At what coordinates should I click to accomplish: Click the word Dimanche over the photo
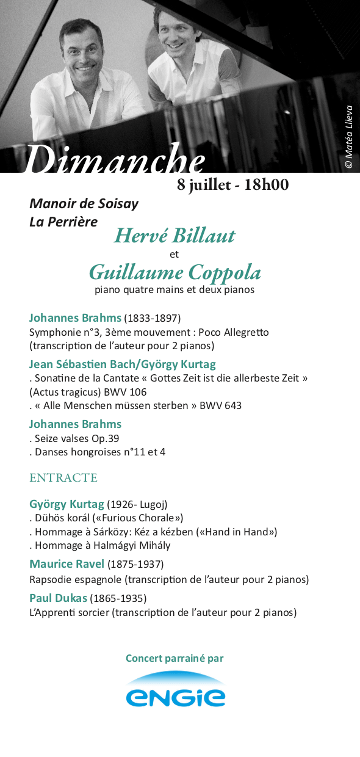(114, 160)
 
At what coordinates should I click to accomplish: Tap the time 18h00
(266, 185)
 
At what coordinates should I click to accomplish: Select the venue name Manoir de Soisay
(84, 203)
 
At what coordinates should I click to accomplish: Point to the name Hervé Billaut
(174, 236)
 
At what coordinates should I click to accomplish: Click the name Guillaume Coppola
(175, 272)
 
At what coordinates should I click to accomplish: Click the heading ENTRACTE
(63, 477)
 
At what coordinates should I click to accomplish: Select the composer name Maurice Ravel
(67, 563)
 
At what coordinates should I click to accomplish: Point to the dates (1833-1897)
(153, 318)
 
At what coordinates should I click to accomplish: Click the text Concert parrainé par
(175, 658)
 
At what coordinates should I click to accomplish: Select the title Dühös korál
(63, 518)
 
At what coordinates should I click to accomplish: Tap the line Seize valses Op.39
(77, 438)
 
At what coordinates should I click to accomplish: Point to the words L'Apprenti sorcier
(70, 612)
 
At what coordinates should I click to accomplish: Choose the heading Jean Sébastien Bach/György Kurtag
(123, 364)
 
